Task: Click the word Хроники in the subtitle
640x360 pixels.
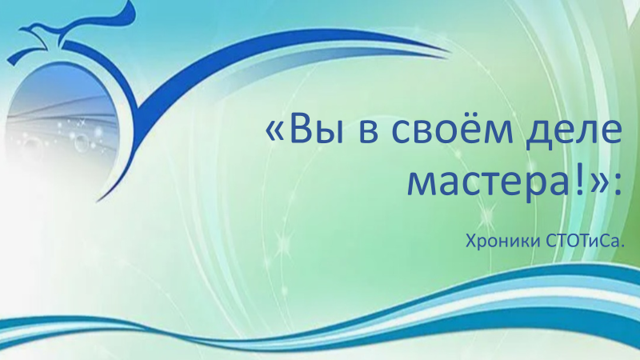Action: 504,241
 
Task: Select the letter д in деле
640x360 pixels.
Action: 538,134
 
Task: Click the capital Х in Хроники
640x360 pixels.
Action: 471,242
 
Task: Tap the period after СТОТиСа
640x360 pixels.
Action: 622,246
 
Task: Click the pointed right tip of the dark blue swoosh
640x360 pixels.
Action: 450,52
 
